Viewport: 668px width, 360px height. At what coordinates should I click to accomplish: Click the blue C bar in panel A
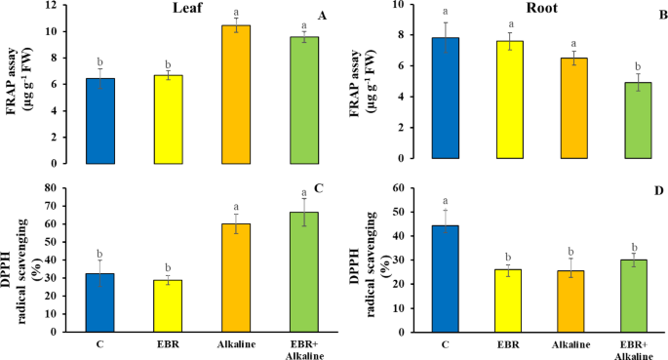(x=114, y=121)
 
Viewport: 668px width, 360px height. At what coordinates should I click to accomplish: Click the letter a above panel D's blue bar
(x=446, y=200)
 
